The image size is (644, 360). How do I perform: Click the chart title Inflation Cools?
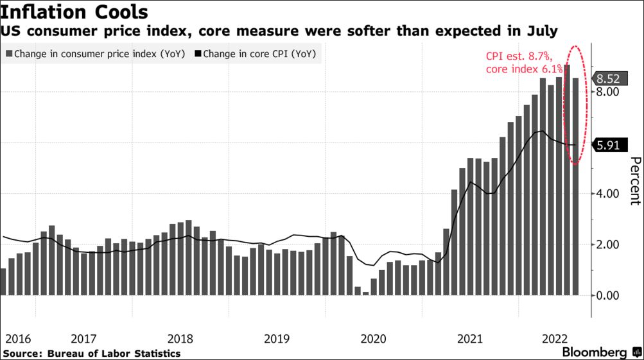click(x=74, y=12)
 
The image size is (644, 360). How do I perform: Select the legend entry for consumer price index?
click(x=95, y=55)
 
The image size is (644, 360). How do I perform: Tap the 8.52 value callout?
click(x=607, y=79)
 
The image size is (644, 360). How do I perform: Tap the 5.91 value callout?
click(x=607, y=145)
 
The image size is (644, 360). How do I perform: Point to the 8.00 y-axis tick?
click(x=607, y=92)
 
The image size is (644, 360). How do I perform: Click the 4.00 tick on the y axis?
click(x=607, y=194)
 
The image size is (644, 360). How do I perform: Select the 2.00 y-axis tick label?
click(x=607, y=244)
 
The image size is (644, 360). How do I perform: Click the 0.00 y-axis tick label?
click(x=607, y=295)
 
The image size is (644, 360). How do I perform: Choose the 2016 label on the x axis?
click(x=17, y=338)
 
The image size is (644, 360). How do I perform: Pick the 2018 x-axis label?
click(x=181, y=338)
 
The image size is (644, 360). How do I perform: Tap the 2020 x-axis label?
click(x=374, y=338)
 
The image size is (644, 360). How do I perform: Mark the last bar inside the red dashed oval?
click(x=576, y=186)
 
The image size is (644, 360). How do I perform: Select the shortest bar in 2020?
click(x=365, y=293)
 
